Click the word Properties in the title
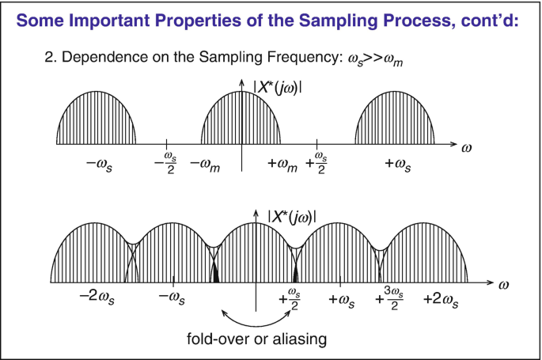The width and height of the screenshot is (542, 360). tap(198, 21)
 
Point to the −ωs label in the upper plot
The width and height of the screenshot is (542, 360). tap(99, 165)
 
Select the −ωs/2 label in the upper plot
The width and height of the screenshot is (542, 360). tap(166, 163)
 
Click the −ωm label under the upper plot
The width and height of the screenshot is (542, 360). tap(205, 165)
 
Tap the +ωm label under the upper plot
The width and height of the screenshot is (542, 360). tap(282, 165)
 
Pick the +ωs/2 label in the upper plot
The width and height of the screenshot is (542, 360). tap(316, 163)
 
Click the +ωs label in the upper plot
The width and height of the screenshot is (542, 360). tap(398, 165)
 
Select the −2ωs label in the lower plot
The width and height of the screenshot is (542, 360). tap(97, 297)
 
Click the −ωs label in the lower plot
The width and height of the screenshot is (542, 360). tap(172, 298)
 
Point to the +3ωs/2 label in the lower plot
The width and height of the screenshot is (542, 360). tap(389, 298)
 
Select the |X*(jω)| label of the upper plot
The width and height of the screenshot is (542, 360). tap(277, 88)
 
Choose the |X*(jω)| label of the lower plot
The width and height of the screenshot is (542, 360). tap(292, 217)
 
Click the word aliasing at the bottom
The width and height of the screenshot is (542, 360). tap(300, 339)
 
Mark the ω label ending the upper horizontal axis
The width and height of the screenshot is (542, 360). tap(466, 148)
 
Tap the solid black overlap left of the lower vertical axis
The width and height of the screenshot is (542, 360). tap(215, 275)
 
